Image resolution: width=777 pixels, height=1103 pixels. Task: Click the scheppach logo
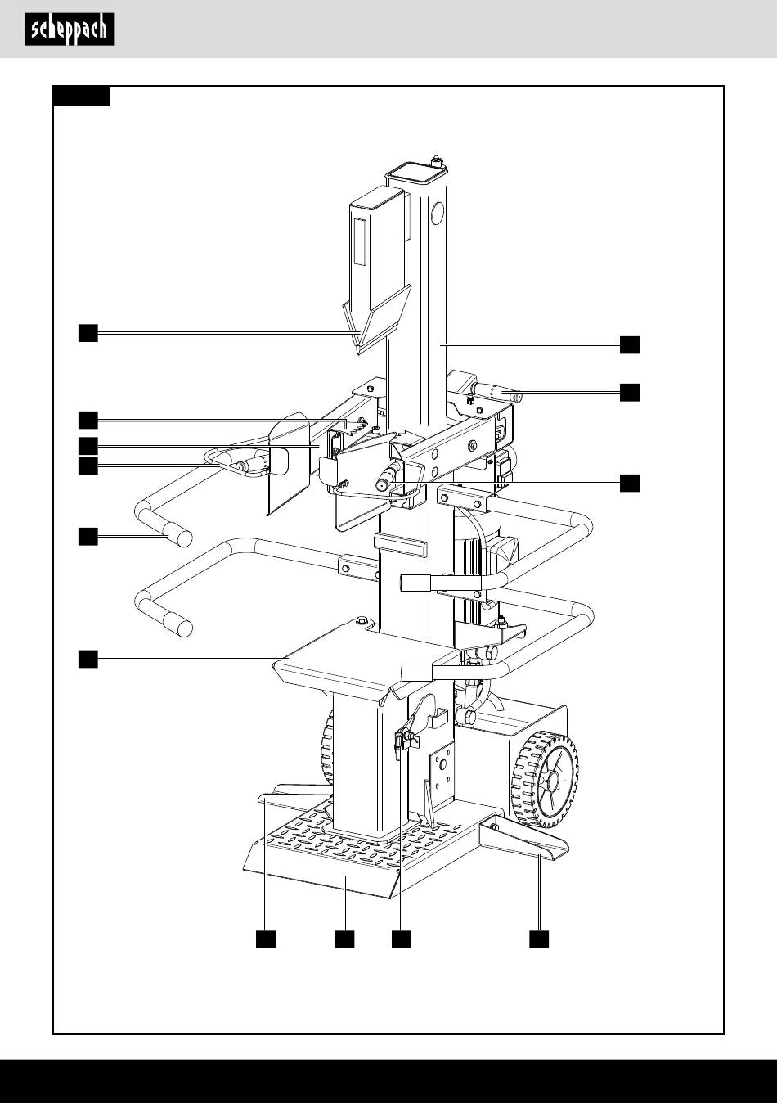coord(70,29)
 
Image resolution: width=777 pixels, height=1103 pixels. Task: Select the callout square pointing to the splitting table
coord(88,659)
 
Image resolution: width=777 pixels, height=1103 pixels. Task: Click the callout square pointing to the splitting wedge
coord(88,333)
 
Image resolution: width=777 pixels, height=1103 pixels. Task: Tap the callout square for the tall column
coord(630,344)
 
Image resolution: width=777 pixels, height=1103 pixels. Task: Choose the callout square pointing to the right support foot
coord(539,939)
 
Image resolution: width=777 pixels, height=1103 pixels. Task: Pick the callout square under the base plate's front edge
coord(344,939)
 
